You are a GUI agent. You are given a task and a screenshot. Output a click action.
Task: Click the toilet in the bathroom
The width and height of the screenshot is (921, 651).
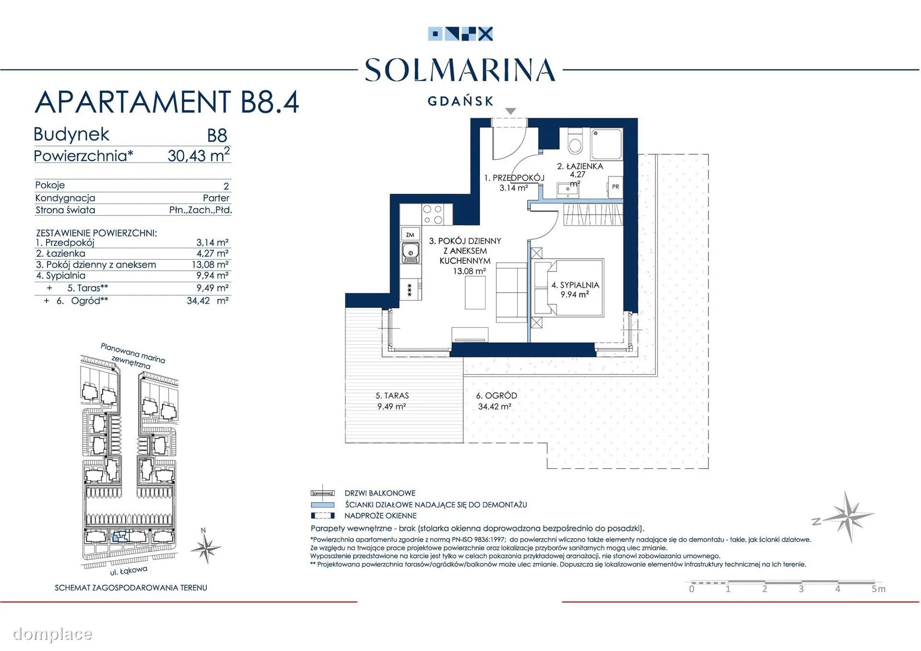click(x=574, y=139)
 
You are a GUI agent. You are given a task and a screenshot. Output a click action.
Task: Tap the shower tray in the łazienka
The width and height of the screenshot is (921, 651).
click(x=606, y=144)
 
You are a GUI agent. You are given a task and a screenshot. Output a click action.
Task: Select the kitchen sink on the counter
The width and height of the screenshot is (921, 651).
click(x=410, y=253)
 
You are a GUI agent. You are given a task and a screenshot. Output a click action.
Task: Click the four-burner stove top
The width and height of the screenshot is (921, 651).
click(x=433, y=214)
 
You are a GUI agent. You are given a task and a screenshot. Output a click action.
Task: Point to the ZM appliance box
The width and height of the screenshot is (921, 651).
click(x=410, y=234)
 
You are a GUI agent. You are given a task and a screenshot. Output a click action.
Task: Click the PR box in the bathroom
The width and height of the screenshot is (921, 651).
click(x=615, y=187)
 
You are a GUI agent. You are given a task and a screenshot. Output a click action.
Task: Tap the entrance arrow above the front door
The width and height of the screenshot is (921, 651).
click(x=510, y=111)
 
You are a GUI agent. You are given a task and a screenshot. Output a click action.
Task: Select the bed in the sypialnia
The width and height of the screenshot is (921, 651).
click(x=568, y=287)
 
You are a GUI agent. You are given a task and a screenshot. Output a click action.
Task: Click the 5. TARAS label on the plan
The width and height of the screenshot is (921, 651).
click(x=392, y=396)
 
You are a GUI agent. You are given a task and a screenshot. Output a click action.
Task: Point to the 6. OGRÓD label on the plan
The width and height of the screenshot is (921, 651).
click(x=496, y=396)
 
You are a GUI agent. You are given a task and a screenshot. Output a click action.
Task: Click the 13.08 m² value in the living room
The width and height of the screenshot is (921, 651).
click(x=469, y=271)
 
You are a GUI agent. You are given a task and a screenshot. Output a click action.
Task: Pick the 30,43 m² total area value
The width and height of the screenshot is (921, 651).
click(x=199, y=154)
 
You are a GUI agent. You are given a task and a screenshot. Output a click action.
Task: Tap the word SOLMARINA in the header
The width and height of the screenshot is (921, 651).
click(x=460, y=70)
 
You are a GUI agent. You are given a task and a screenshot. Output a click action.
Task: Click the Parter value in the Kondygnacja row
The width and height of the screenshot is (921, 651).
click(x=216, y=198)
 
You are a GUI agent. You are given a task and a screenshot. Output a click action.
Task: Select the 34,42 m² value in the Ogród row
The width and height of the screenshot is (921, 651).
click(x=207, y=301)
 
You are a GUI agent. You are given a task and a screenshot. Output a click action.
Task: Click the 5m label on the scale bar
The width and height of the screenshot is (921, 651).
click(x=878, y=589)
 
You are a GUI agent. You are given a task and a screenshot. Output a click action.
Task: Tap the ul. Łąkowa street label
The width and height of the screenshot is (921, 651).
click(x=129, y=570)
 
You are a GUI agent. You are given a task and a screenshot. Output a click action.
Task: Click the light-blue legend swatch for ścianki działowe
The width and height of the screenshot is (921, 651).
click(x=322, y=505)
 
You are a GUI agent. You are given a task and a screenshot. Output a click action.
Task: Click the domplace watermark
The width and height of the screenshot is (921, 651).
click(x=52, y=634)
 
